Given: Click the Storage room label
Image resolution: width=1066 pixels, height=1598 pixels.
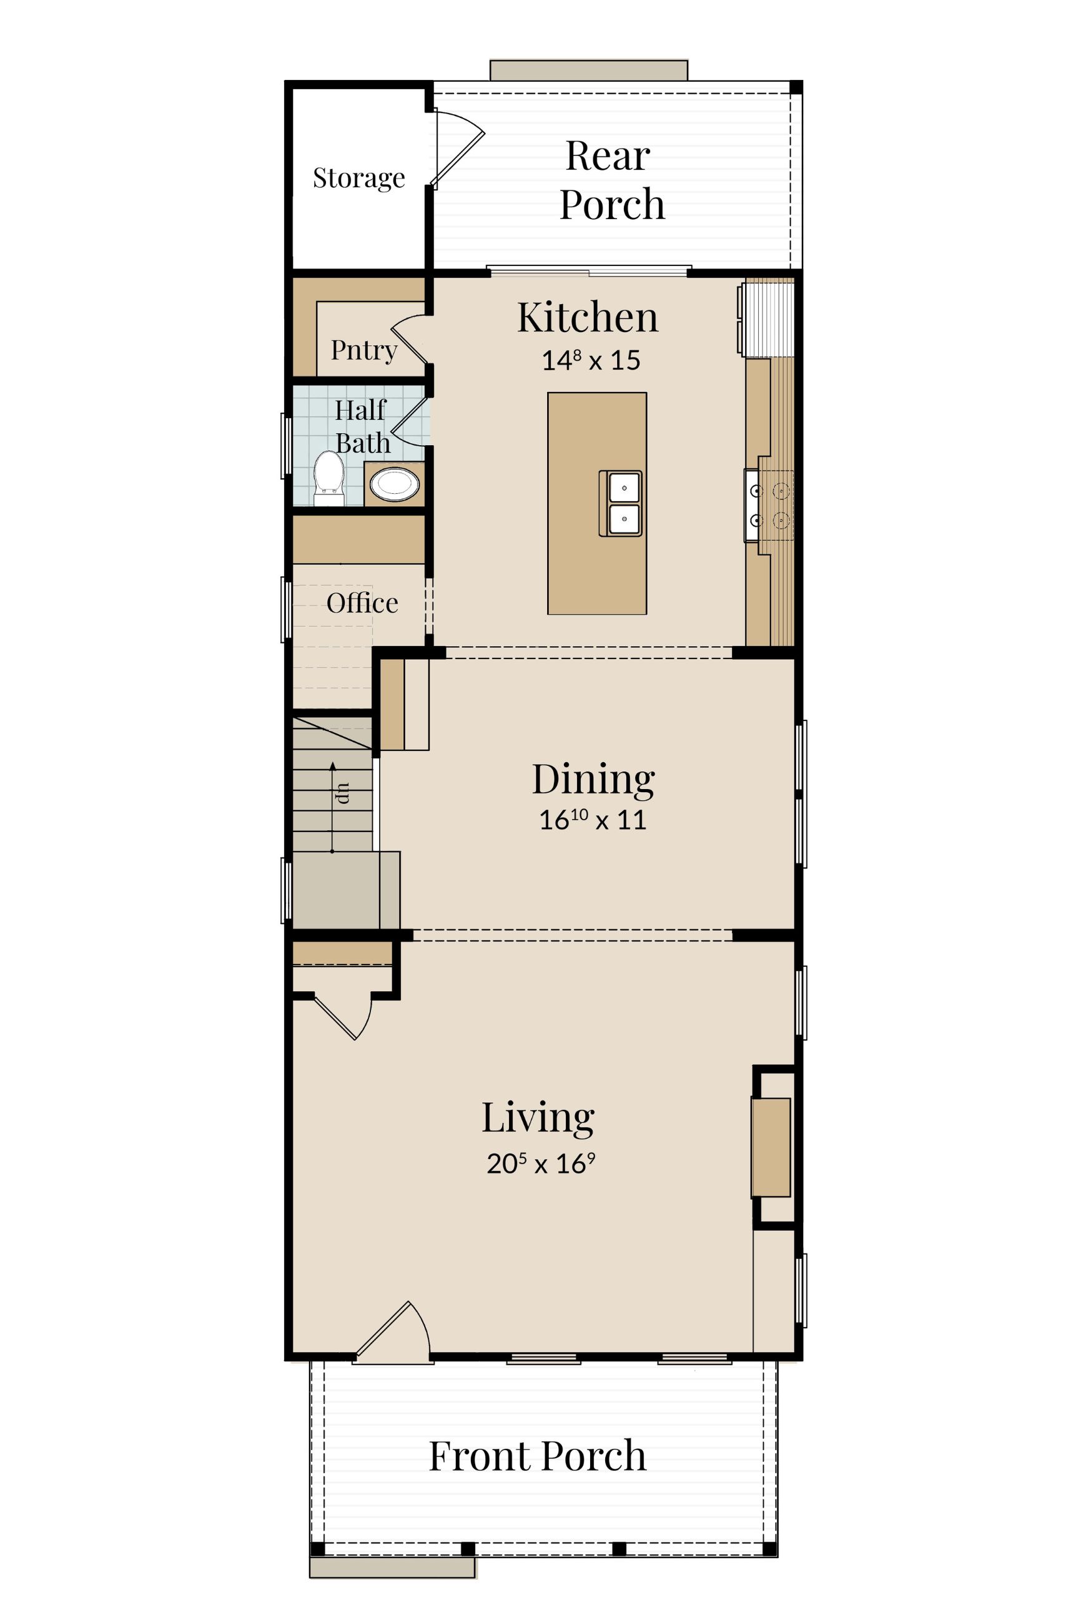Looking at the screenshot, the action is [359, 178].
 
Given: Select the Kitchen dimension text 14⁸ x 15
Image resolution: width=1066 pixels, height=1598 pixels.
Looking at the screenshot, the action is [591, 360].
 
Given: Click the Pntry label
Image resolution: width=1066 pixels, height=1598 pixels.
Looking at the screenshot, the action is [363, 351].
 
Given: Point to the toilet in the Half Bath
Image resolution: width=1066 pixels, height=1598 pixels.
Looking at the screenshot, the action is [329, 478].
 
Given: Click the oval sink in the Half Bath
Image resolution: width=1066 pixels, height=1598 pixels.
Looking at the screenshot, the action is [394, 484].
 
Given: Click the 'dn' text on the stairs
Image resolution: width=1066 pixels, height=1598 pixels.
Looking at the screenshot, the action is [343, 793].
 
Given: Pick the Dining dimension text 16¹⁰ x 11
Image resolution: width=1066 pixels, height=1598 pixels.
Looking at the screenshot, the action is [592, 820].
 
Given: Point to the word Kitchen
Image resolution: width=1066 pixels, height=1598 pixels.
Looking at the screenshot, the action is [588, 317].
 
